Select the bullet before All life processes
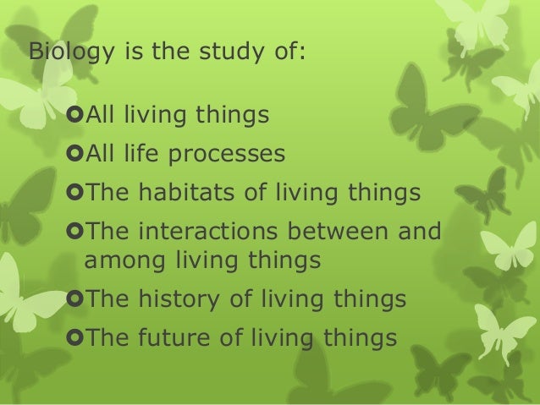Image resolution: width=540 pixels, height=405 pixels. click(74, 155)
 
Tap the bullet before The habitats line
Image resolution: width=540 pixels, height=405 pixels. click(74, 194)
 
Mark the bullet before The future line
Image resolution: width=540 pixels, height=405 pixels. click(74, 338)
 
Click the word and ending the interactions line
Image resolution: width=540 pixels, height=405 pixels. click(418, 231)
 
